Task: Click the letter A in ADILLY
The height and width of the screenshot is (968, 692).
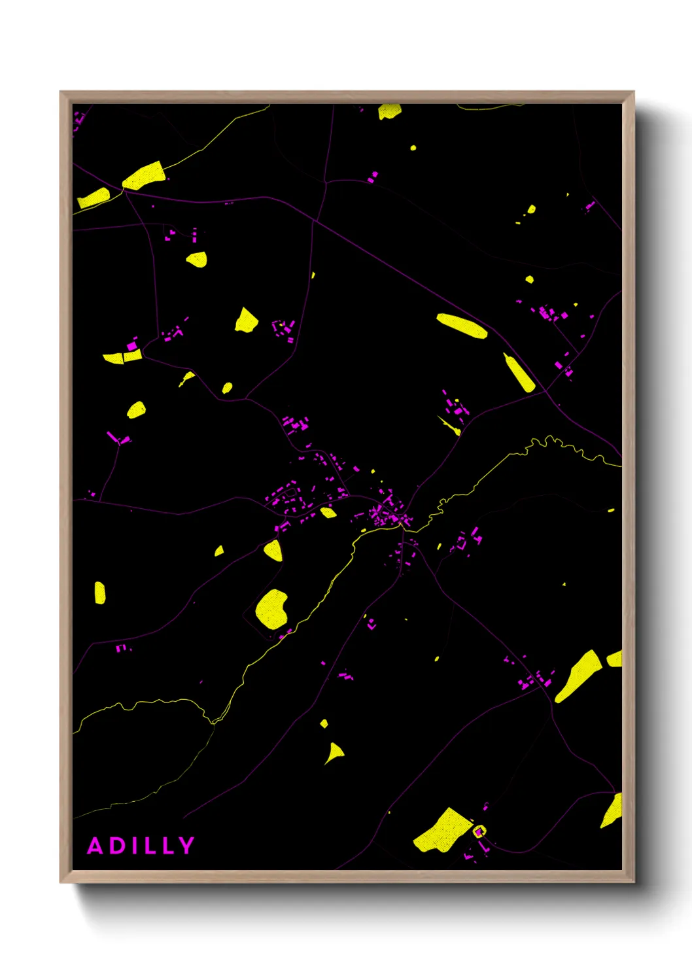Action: click(x=95, y=846)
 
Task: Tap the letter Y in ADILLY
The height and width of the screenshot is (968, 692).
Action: click(x=187, y=846)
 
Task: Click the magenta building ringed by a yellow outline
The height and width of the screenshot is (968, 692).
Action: click(x=479, y=831)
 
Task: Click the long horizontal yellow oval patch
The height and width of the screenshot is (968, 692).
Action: click(x=462, y=326)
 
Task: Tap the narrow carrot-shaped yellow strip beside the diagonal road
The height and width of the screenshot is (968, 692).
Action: click(x=519, y=373)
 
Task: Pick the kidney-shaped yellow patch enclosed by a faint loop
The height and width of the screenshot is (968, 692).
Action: click(x=271, y=609)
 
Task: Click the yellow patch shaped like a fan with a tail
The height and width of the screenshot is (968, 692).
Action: click(x=334, y=753)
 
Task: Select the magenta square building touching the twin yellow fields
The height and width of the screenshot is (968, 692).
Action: click(x=132, y=345)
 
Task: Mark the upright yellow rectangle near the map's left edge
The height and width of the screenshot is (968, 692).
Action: click(x=99, y=593)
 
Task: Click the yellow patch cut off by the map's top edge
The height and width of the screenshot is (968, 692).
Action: click(x=389, y=111)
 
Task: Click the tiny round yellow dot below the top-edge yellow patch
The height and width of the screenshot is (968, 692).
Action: click(x=413, y=148)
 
